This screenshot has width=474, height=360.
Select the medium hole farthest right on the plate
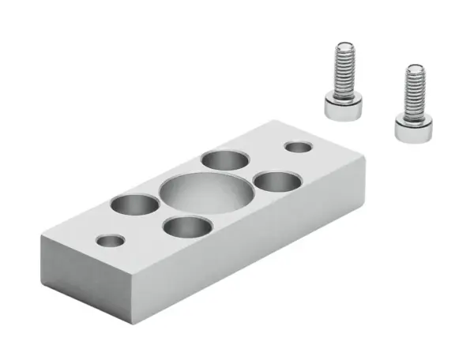278,182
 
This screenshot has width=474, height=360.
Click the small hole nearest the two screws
299,148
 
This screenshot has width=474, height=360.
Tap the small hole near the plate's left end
110,239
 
